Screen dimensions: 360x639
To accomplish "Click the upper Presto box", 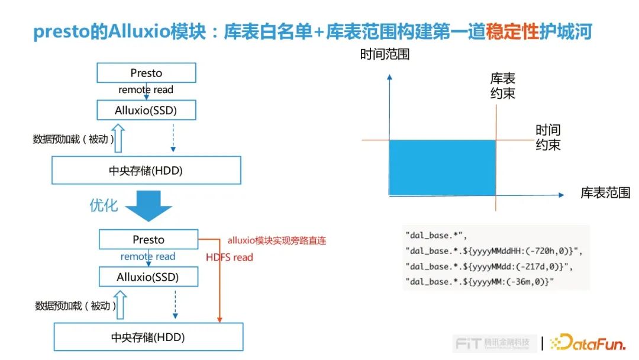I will click(x=146, y=73).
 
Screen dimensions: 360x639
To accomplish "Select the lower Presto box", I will click(x=149, y=240).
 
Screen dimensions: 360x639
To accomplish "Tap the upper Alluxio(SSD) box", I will click(x=146, y=110).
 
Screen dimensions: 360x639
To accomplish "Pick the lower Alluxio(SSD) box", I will click(x=148, y=277).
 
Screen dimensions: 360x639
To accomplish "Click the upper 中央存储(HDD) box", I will click(x=146, y=171).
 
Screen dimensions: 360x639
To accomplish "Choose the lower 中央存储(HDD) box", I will click(x=148, y=337).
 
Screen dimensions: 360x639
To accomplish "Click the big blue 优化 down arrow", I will click(x=145, y=205).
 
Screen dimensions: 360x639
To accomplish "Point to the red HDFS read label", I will click(x=229, y=258).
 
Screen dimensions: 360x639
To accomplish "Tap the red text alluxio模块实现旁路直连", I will click(x=277, y=241).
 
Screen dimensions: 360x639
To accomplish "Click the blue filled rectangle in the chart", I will click(x=442, y=168).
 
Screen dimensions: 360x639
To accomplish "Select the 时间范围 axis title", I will click(x=385, y=54).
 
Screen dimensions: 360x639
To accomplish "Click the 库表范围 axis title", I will click(x=605, y=193).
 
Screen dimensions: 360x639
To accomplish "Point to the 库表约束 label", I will click(x=502, y=86).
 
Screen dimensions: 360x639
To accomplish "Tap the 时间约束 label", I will click(x=548, y=137).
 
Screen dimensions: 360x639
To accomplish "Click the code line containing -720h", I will click(x=494, y=251).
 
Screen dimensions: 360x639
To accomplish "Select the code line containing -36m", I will click(x=479, y=282).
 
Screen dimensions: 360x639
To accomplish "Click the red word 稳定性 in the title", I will click(x=512, y=32).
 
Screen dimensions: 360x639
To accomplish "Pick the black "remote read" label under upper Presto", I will click(x=146, y=90).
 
